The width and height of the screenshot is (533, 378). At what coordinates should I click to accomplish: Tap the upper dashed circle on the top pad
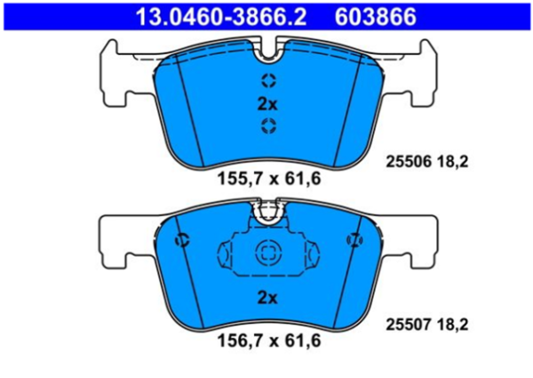tap(267, 80)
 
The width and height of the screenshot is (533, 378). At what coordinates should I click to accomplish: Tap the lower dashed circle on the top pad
tap(267, 127)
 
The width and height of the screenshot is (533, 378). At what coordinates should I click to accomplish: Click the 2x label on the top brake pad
tap(267, 104)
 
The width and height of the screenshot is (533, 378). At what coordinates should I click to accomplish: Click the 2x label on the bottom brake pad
tap(267, 297)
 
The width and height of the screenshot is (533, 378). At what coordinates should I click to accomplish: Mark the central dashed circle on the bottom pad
tap(267, 253)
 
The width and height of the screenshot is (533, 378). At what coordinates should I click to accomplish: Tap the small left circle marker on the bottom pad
tap(182, 240)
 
